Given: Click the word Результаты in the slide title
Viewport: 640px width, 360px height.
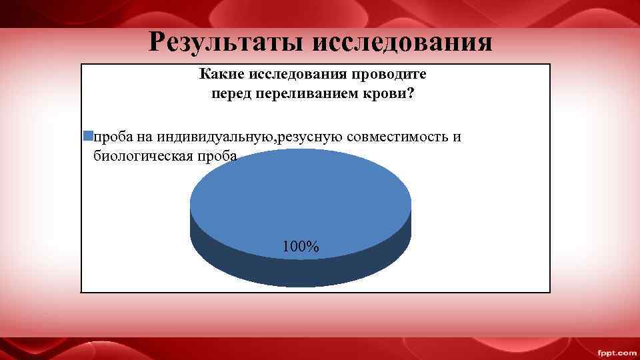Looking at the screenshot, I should click(x=225, y=41).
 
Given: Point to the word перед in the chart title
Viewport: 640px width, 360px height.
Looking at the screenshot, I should click(x=230, y=94).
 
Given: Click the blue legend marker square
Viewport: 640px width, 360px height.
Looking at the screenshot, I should click(x=87, y=137).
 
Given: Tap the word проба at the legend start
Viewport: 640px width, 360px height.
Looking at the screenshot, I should click(x=113, y=137).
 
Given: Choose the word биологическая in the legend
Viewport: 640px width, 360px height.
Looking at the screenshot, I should click(x=141, y=156).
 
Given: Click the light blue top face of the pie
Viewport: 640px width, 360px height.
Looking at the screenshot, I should click(x=300, y=200).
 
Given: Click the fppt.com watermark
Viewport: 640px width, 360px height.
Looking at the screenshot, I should click(x=616, y=352).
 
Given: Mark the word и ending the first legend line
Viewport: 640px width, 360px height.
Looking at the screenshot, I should click(x=457, y=137).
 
